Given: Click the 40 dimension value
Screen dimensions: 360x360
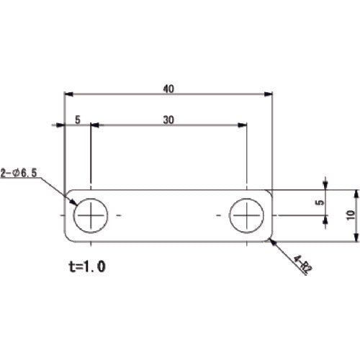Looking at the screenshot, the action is pos(168,89).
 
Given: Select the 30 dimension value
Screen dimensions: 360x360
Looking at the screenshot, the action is pos(168,120).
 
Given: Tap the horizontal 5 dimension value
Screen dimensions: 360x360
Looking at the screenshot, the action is pos(78,120).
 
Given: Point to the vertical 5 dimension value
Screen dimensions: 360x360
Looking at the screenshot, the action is pos(320,202).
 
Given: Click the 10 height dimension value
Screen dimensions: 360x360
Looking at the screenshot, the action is pos(351,215).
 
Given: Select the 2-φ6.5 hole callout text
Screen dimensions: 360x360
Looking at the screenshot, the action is pos(19,173).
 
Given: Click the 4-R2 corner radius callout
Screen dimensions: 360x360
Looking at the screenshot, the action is pos(302,265).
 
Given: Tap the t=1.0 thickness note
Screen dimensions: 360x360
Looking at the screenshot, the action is pos(87,266).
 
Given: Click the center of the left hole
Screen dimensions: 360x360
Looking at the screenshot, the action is pos(91,215).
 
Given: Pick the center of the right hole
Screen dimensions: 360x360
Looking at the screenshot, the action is pos(247,215).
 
